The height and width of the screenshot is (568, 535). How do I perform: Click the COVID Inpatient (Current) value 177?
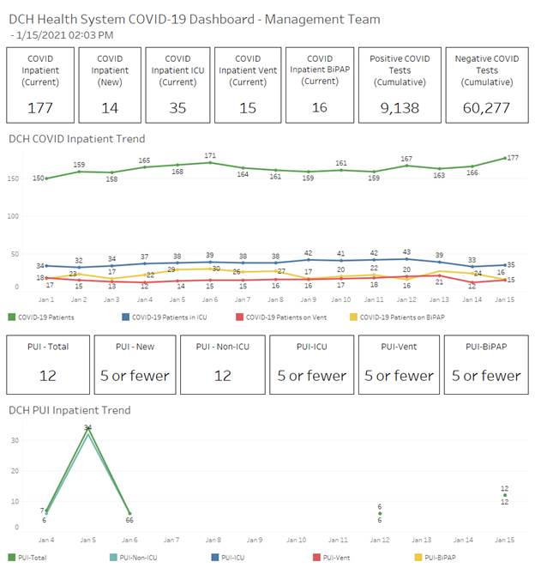pyautogui.click(x=39, y=108)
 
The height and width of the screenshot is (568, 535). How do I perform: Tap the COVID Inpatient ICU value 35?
pyautogui.click(x=178, y=108)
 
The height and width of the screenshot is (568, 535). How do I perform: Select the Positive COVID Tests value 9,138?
pyautogui.click(x=400, y=108)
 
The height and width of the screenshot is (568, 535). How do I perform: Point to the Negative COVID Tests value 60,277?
pyautogui.click(x=486, y=108)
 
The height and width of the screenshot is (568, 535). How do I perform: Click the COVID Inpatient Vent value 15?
pyautogui.click(x=247, y=108)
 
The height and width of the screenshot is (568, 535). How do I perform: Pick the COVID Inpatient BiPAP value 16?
pyautogui.click(x=319, y=108)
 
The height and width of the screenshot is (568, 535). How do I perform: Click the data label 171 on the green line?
pyautogui.click(x=210, y=155)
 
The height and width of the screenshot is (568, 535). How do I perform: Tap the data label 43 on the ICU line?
pyautogui.click(x=406, y=252)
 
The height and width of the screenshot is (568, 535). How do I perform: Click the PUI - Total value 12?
pyautogui.click(x=47, y=375)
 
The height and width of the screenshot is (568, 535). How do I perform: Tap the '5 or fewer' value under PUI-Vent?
pyautogui.click(x=398, y=375)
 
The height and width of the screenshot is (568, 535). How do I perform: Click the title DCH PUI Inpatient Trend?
pyautogui.click(x=69, y=410)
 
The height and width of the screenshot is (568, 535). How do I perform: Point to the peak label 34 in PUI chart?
pyautogui.click(x=87, y=427)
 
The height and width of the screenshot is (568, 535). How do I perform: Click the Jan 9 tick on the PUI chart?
pyautogui.click(x=255, y=540)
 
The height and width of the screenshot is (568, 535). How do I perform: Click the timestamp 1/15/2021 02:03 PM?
pyautogui.click(x=65, y=34)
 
